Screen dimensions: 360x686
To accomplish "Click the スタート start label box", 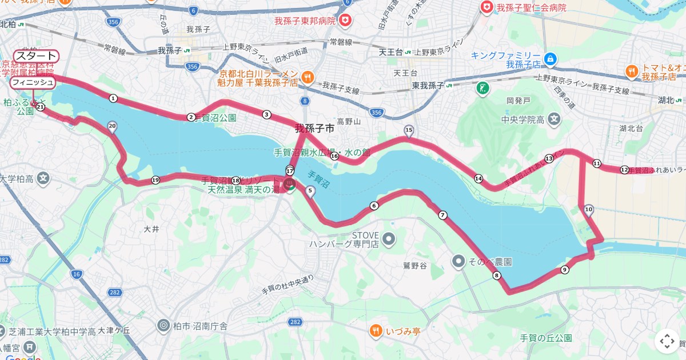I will [x=36, y=56].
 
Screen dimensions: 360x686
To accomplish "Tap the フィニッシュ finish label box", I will [x=33, y=83].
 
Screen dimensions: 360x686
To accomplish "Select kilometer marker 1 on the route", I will [x=113, y=98].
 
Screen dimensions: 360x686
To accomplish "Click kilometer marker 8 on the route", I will [x=496, y=276].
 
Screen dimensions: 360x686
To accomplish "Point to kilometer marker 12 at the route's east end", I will [x=624, y=170].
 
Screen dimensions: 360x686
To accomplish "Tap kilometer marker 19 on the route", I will [x=155, y=180].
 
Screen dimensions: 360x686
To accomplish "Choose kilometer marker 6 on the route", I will [x=374, y=206].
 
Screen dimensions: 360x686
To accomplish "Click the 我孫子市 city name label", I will [x=314, y=129].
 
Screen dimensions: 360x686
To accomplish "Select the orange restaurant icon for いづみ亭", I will [x=375, y=330].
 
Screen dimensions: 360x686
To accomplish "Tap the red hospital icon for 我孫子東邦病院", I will [x=345, y=21].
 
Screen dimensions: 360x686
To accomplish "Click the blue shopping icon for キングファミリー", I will [x=550, y=58].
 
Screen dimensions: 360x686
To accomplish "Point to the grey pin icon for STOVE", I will [x=389, y=238].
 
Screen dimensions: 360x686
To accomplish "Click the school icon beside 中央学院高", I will [x=553, y=119].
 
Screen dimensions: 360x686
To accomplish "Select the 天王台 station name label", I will [x=392, y=52].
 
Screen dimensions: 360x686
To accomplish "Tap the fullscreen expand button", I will [x=667, y=341].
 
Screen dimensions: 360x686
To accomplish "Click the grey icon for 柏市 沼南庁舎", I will [x=163, y=326].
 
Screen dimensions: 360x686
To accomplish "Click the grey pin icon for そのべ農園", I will [x=458, y=261].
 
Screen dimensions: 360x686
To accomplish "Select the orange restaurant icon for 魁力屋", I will [x=307, y=77].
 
